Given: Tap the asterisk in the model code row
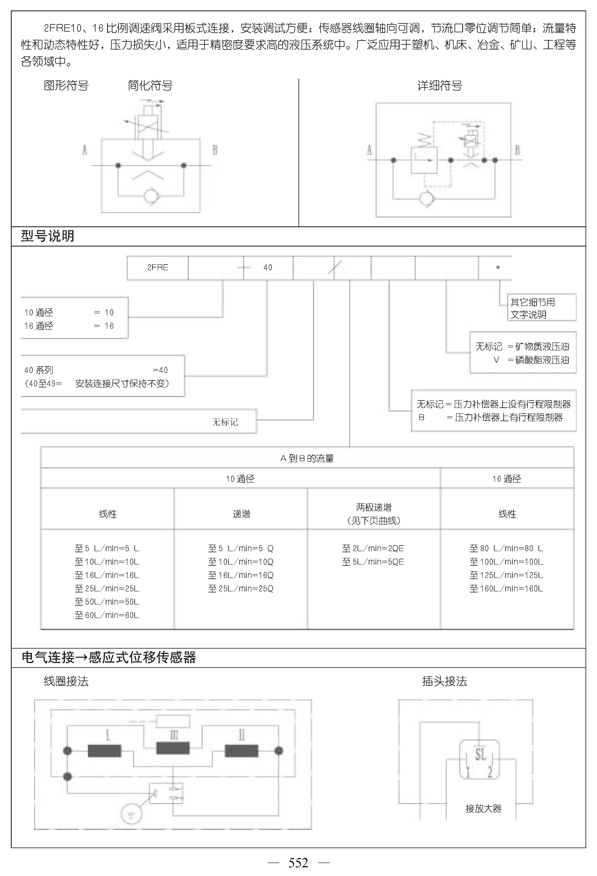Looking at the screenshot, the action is (498, 268).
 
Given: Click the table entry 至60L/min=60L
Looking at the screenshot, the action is (107, 615).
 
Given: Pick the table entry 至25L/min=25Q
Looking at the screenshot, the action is (241, 588).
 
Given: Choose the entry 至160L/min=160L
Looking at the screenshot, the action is (507, 588).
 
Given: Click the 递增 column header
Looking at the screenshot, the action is (241, 514).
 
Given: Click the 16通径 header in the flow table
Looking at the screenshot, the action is (507, 479).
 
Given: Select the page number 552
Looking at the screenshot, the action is (298, 863).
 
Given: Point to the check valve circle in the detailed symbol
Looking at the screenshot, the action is (426, 198).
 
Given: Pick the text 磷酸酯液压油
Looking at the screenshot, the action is (542, 360).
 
